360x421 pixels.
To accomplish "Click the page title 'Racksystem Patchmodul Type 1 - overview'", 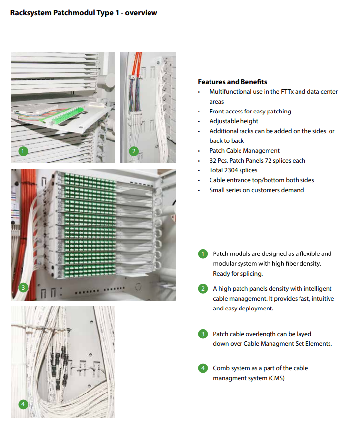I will [x=84, y=13].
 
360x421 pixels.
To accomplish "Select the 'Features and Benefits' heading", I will [x=232, y=82].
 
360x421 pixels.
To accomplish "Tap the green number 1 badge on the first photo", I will [x=23, y=151].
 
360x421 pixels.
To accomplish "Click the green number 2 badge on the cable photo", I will [x=133, y=151].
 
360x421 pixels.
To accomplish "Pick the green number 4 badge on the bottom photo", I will [x=23, y=404].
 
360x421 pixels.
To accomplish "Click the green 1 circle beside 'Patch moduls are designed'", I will [x=203, y=254].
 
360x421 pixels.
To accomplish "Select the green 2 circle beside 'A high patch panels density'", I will [x=203, y=289].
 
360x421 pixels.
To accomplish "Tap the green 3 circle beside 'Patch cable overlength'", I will [x=203, y=334].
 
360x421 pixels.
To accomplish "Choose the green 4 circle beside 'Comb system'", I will [x=203, y=368].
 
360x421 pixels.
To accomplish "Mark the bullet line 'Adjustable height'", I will [x=234, y=121].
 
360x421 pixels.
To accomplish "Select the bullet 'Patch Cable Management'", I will [x=244, y=151].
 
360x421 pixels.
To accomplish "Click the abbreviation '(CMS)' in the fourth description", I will [x=276, y=378].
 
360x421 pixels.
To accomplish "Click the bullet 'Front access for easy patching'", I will [x=250, y=112].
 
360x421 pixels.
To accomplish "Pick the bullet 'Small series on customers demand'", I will [x=257, y=190].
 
